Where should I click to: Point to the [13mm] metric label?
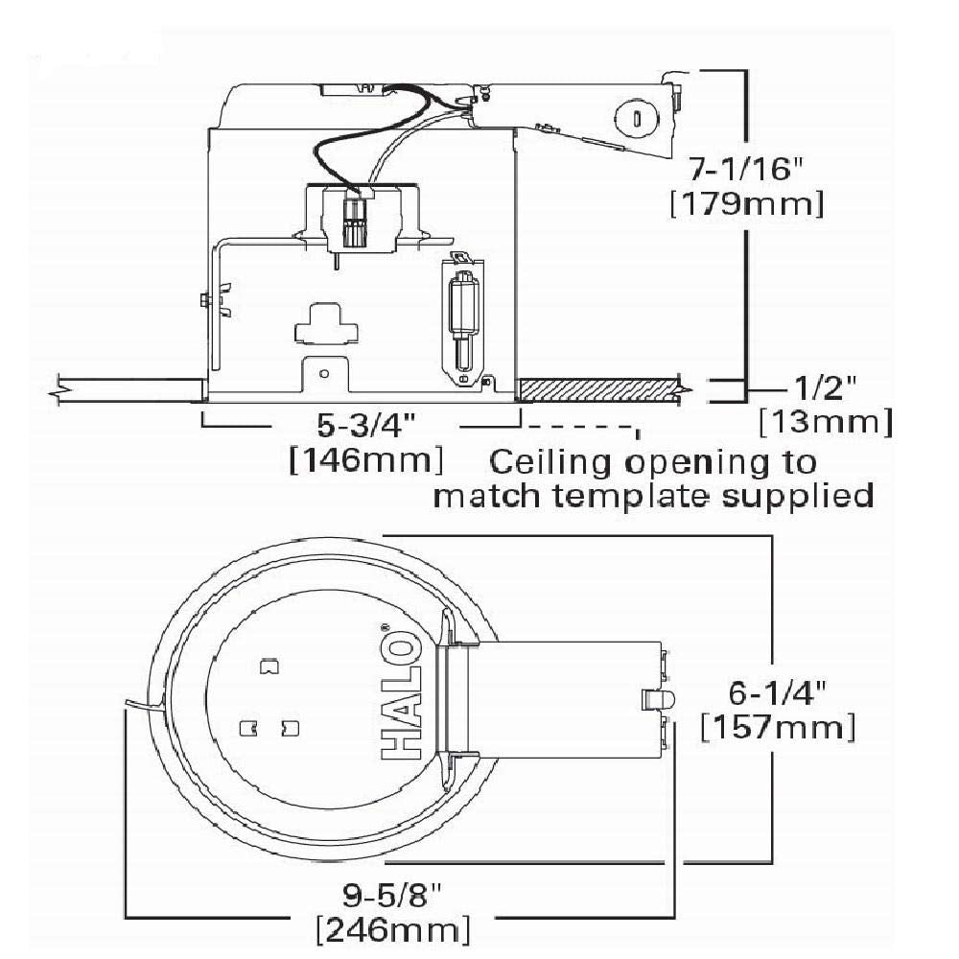click(825, 422)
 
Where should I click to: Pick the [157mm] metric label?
click(778, 726)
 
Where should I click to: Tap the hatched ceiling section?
click(598, 389)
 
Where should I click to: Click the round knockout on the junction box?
click(634, 116)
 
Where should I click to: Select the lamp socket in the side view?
click(355, 219)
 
